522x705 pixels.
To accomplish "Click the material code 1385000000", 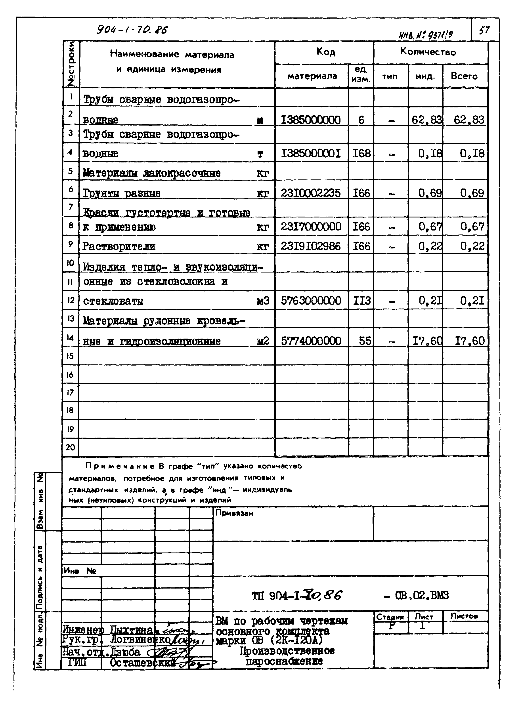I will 311,120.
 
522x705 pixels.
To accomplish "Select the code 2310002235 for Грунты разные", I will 311,193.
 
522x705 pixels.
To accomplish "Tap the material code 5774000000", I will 311,341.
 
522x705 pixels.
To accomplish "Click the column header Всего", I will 464,76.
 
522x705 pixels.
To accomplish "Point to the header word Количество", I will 428,52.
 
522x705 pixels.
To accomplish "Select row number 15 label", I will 70,356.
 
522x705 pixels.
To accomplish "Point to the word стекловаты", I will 113,301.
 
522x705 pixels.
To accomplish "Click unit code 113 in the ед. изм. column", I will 362,300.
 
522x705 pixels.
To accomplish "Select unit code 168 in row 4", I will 361,154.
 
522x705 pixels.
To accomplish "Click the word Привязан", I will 234,513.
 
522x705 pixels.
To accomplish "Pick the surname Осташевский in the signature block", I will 142,663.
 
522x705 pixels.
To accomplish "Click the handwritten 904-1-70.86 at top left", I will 132,30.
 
